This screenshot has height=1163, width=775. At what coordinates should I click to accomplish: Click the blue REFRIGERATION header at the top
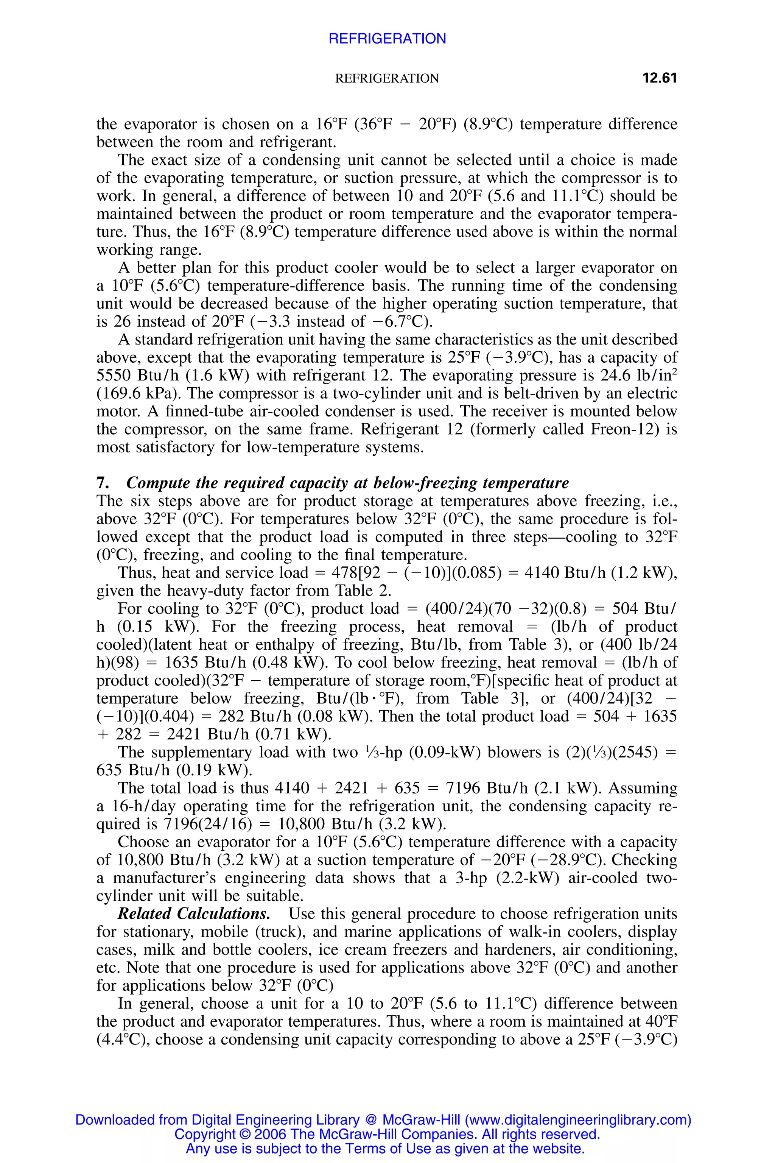click(387, 39)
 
